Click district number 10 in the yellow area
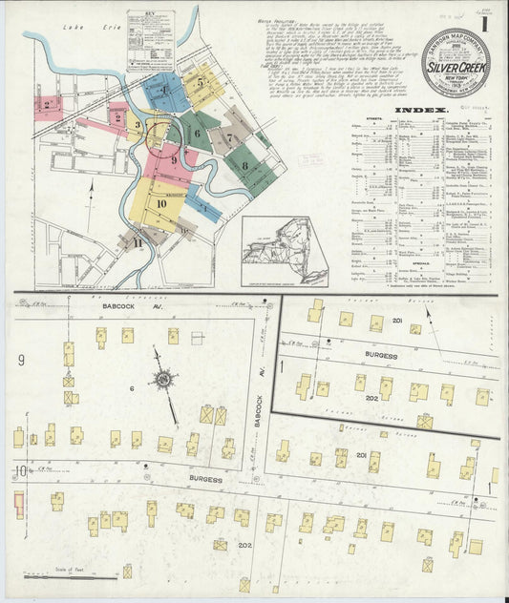click(x=161, y=203)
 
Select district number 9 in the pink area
click(x=173, y=161)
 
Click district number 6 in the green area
click(x=197, y=134)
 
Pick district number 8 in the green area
click(x=245, y=166)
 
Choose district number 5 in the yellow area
click(x=200, y=82)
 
